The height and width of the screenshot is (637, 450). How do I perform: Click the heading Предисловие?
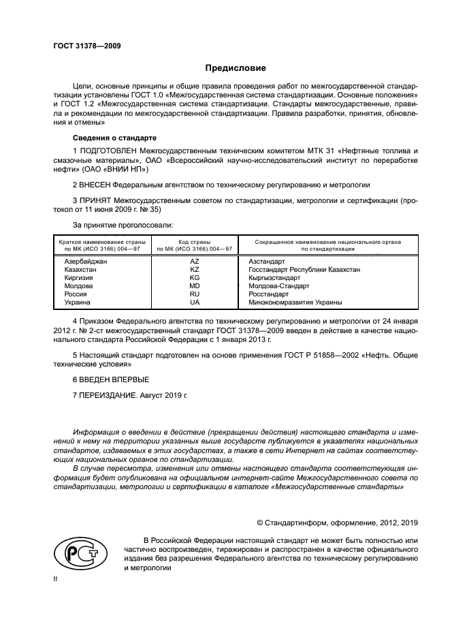(236, 68)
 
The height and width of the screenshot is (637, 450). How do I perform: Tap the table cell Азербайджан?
(85, 262)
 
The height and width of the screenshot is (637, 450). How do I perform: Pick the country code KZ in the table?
(194, 270)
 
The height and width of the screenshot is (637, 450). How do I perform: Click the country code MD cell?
(194, 286)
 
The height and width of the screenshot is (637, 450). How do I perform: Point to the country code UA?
(194, 302)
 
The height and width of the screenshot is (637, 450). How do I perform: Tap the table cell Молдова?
(78, 286)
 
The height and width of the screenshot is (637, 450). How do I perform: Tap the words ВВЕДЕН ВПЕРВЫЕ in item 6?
(114, 378)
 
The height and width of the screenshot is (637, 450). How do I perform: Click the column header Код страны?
(194, 242)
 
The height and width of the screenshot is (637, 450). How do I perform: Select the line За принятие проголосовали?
(122, 224)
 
